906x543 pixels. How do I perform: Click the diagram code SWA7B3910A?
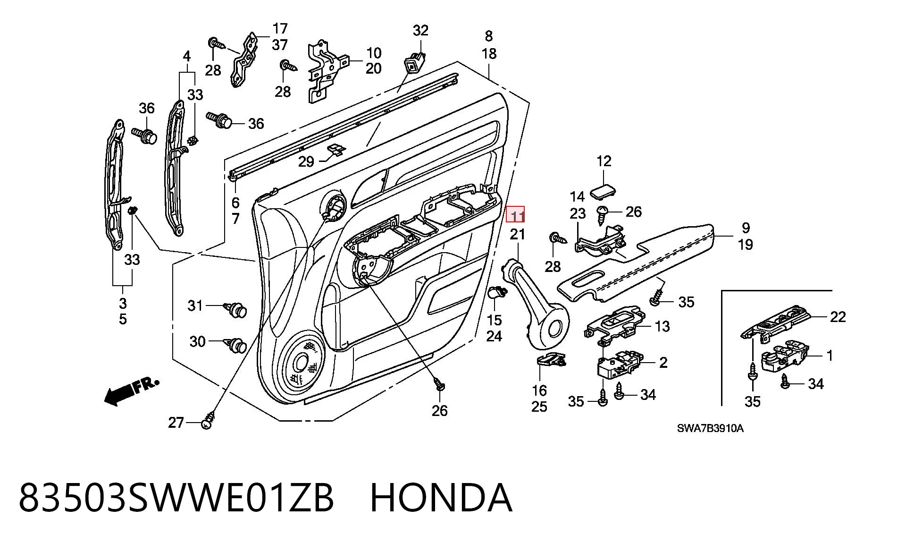click(710, 428)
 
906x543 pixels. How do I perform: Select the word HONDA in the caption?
click(441, 498)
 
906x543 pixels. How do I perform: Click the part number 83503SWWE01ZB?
click(176, 498)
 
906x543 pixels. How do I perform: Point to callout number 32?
click(420, 31)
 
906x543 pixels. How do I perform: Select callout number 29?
click(306, 162)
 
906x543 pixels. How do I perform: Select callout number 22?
click(838, 316)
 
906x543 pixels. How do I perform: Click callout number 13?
click(663, 326)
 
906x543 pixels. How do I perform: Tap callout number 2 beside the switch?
click(663, 363)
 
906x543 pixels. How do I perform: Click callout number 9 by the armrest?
click(746, 228)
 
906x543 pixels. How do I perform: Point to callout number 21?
click(518, 234)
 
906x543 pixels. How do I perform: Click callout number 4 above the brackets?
click(187, 57)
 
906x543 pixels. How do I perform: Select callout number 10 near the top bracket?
click(374, 53)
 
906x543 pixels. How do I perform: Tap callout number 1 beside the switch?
click(830, 356)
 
